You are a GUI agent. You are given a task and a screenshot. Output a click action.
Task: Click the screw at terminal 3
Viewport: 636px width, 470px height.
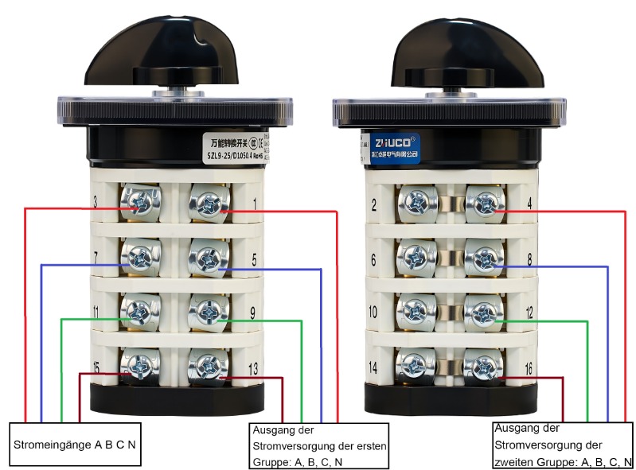[140, 204]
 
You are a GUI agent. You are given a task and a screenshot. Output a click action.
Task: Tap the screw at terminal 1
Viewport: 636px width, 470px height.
[206, 204]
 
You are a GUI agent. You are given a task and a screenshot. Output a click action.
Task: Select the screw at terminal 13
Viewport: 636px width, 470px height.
[206, 367]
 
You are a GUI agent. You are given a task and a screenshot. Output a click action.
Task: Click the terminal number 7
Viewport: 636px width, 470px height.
[95, 258]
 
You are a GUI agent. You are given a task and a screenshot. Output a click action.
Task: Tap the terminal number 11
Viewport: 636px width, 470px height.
[96, 313]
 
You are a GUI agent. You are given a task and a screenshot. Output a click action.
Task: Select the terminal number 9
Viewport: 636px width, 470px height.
[253, 313]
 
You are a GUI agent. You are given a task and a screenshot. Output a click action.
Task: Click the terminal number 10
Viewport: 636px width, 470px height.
[373, 313]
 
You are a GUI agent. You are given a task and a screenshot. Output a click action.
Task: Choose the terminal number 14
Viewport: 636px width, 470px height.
[373, 368]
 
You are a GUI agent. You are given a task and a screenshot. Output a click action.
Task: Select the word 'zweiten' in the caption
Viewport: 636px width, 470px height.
[517, 460]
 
